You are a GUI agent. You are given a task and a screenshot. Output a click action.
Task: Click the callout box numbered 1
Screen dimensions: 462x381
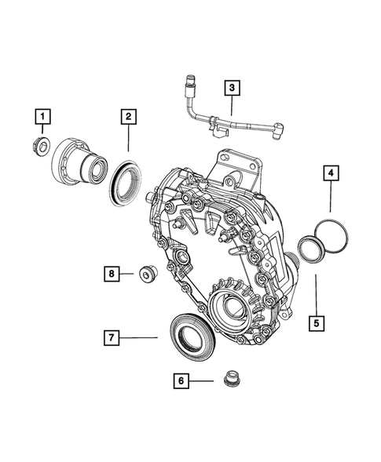43,118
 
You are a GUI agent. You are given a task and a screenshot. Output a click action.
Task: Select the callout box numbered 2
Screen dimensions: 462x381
128,118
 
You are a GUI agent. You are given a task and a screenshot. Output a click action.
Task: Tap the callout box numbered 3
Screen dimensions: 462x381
231,88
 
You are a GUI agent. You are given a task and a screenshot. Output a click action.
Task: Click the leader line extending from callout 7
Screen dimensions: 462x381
141,337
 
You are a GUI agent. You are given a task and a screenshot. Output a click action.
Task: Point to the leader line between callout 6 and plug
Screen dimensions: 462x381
202,380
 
